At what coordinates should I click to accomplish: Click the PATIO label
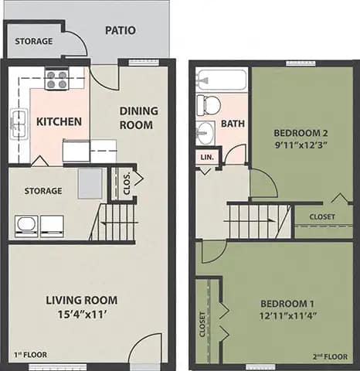121,31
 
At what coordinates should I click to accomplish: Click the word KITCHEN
58,122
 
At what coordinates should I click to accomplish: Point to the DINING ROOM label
138,117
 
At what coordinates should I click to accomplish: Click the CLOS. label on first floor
127,183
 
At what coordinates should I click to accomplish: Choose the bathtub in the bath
222,80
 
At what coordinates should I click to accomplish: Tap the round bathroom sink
205,132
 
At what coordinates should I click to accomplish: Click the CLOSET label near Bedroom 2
322,216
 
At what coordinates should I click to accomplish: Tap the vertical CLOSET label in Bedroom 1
203,325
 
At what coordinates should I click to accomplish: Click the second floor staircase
258,218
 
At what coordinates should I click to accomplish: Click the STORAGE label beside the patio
34,40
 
